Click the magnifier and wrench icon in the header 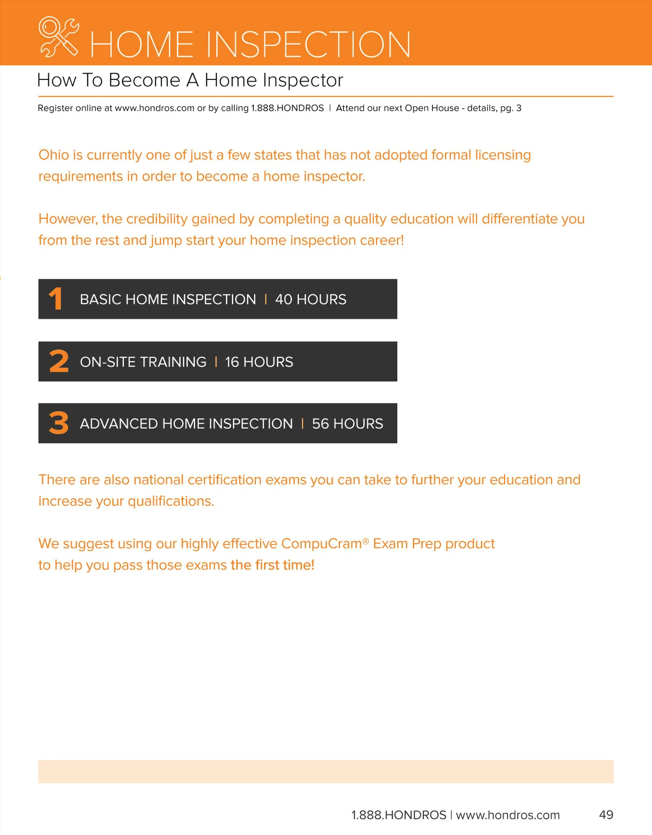coord(59,37)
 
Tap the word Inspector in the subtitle coord(303,81)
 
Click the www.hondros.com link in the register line coord(154,108)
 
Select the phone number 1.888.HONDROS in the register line coord(287,108)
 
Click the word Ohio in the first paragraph coord(54,155)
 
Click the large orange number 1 coord(56,299)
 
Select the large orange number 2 coord(59,362)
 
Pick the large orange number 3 coord(59,423)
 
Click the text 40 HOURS coord(311,300)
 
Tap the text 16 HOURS coord(259,362)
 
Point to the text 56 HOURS coord(348,424)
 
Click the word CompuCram coord(322,543)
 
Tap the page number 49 coord(606,815)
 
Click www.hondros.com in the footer coord(507,815)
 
